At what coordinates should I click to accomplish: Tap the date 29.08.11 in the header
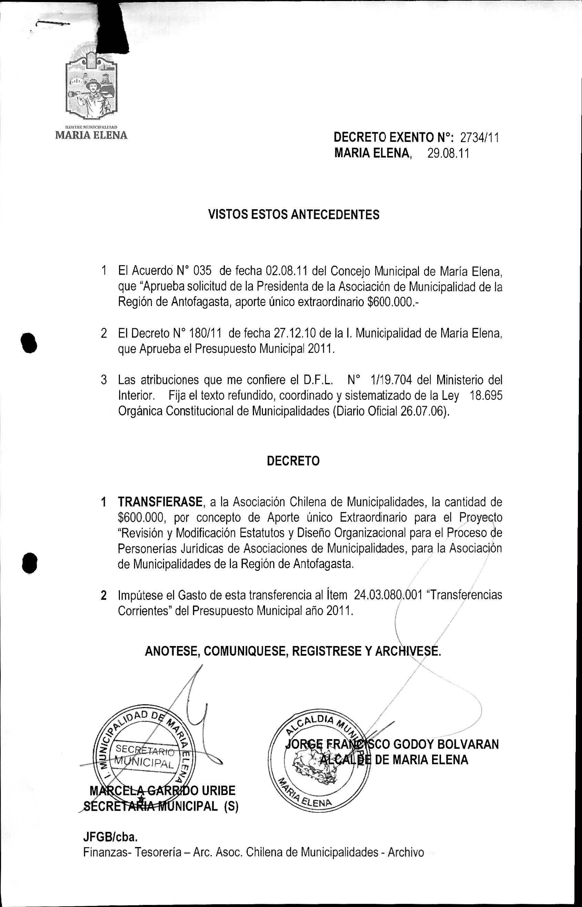(x=448, y=153)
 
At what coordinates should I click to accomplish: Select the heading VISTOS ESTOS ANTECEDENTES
(x=294, y=215)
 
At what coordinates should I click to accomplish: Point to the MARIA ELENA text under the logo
(x=91, y=135)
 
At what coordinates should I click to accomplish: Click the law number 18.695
(x=486, y=395)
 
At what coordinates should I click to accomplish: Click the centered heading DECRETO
(x=293, y=461)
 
